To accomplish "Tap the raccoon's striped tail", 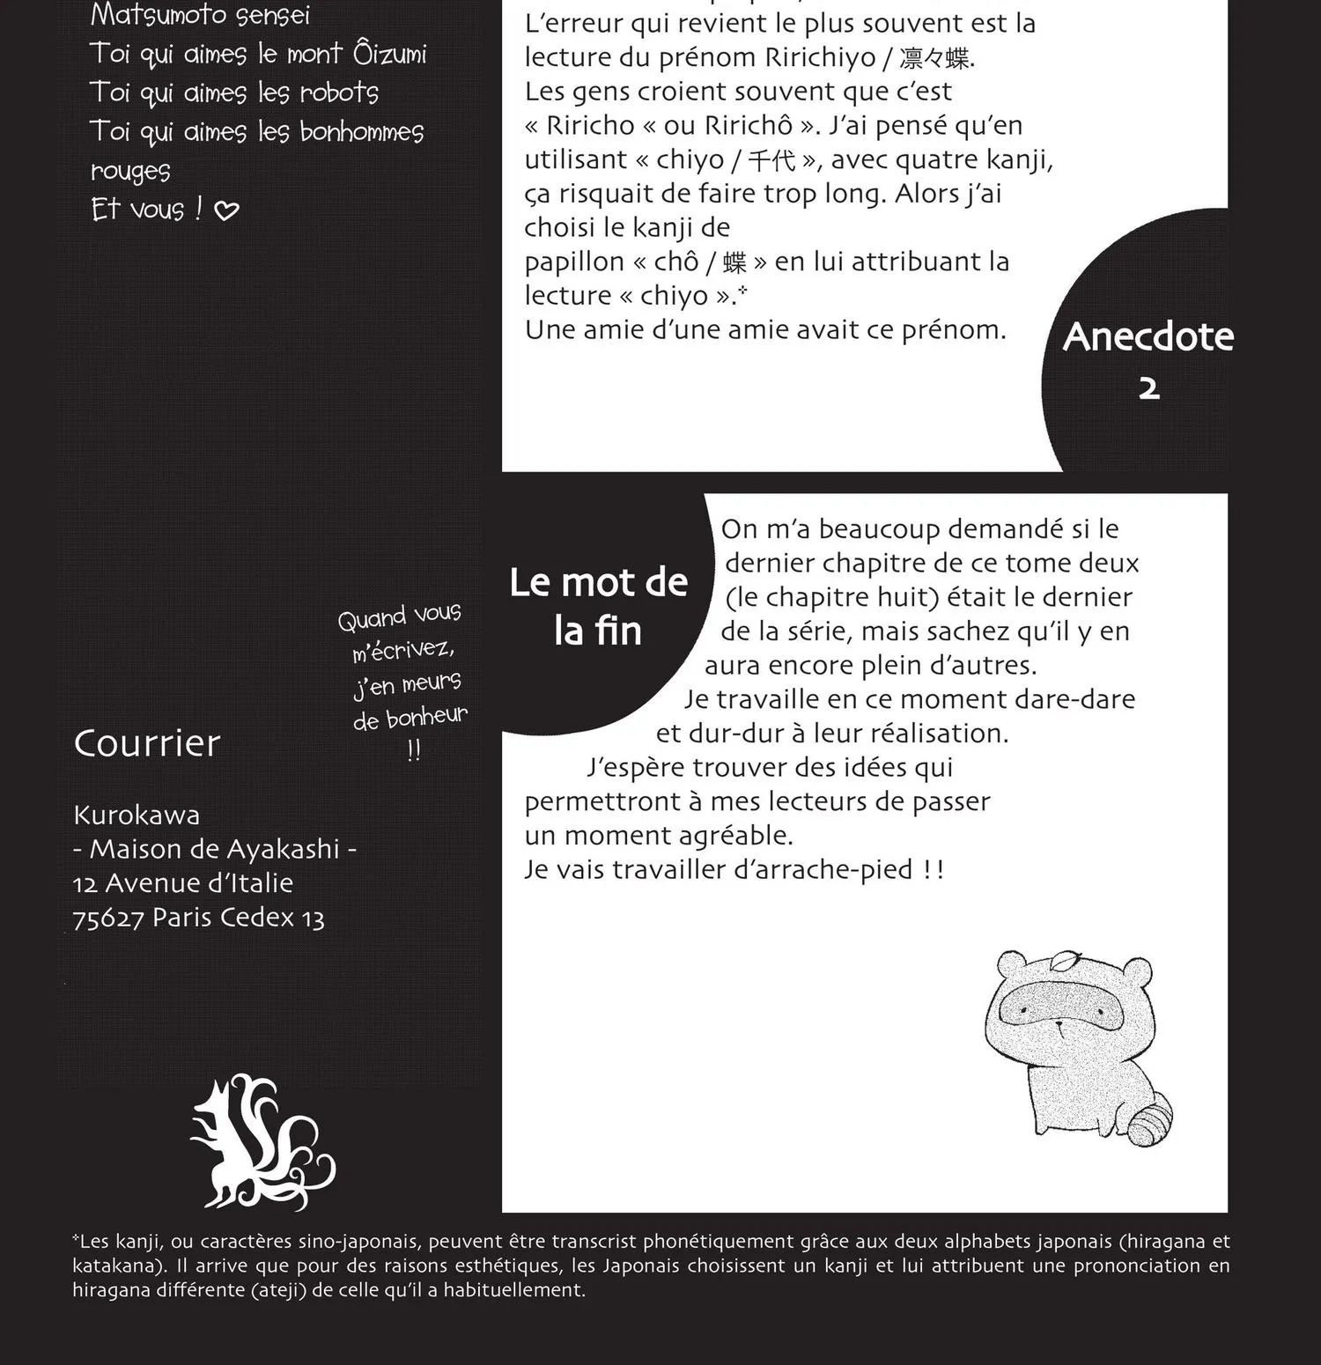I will pos(1150,1119).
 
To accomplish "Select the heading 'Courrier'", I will pos(147,743).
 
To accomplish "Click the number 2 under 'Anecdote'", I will pos(1148,387).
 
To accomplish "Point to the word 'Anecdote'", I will pos(1148,336).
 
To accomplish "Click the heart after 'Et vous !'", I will pos(226,211).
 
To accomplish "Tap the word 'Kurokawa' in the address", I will pos(137,815).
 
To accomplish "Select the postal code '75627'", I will pos(107,919).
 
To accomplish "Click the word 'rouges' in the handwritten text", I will pos(130,171).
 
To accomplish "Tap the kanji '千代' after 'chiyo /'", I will pos(771,160).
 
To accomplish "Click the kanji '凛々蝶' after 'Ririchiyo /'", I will pos(935,59).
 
